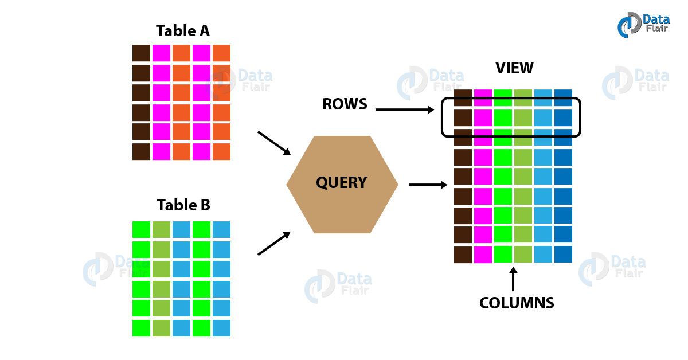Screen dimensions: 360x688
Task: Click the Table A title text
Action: tap(183, 31)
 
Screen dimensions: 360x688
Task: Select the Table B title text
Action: tap(183, 205)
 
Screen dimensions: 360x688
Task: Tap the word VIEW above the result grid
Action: tap(514, 68)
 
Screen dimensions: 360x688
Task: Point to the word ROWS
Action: tap(344, 104)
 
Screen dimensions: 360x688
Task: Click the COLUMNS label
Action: tap(517, 303)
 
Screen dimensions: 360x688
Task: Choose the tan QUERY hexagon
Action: tap(342, 184)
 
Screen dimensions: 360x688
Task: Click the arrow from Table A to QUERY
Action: tap(274, 143)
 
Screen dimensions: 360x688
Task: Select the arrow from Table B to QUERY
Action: tap(274, 244)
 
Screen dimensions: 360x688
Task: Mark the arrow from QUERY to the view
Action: tap(428, 185)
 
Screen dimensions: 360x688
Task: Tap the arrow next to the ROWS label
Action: tap(405, 108)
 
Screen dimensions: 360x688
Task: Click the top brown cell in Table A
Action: tap(141, 53)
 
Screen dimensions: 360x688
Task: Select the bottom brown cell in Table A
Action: tap(141, 152)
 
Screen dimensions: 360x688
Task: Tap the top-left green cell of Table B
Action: tap(141, 230)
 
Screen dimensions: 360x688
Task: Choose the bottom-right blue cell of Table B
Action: tap(221, 328)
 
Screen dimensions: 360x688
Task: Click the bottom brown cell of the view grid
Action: tap(463, 255)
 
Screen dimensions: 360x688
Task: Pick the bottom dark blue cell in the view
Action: tap(563, 255)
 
